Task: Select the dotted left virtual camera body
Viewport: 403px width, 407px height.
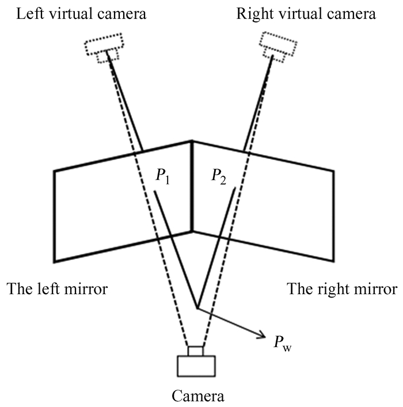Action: click(104, 43)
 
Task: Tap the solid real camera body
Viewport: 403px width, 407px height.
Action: click(196, 365)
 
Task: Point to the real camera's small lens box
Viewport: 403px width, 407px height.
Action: click(196, 351)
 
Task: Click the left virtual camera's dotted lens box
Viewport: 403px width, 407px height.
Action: click(107, 56)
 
